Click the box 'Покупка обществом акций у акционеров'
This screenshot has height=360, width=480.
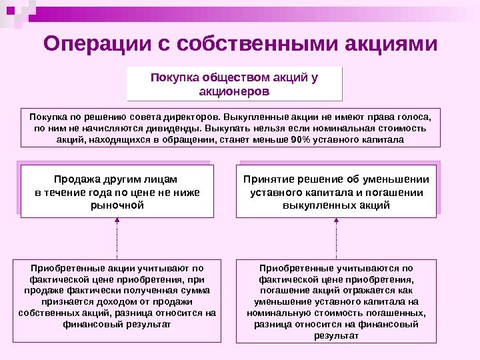pos(235,83)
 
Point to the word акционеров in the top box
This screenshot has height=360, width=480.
pos(235,91)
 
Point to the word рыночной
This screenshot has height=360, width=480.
pos(117,205)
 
